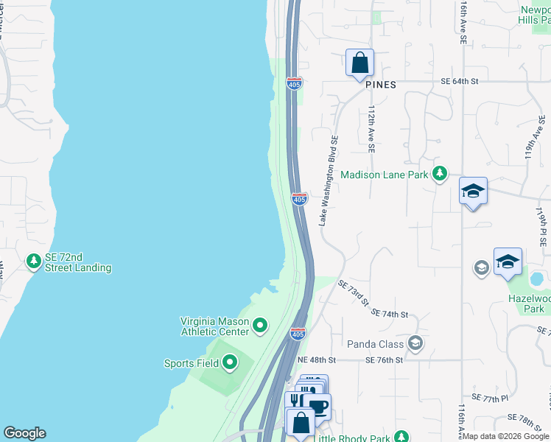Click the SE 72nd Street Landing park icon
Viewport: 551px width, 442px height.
pyautogui.click(x=33, y=261)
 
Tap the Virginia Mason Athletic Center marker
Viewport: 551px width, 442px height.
pyautogui.click(x=259, y=325)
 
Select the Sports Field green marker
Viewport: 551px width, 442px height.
pyautogui.click(x=230, y=361)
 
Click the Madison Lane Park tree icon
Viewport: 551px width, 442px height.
pyautogui.click(x=440, y=174)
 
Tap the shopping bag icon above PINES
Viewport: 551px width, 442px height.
pyautogui.click(x=359, y=63)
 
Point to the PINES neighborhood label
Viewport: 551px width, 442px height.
pyautogui.click(x=380, y=85)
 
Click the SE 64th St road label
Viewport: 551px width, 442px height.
pyautogui.click(x=460, y=82)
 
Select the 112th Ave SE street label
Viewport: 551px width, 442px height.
pyautogui.click(x=372, y=128)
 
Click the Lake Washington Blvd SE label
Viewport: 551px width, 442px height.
pyautogui.click(x=328, y=180)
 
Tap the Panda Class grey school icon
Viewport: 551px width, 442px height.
pyautogui.click(x=415, y=343)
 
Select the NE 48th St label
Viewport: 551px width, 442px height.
pyautogui.click(x=316, y=360)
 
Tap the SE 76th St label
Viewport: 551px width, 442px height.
pyautogui.click(x=385, y=360)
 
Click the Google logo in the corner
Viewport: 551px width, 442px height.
pyautogui.click(x=24, y=433)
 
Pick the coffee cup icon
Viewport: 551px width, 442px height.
pyautogui.click(x=318, y=405)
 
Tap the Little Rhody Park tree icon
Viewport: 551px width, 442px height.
pyautogui.click(x=401, y=437)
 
